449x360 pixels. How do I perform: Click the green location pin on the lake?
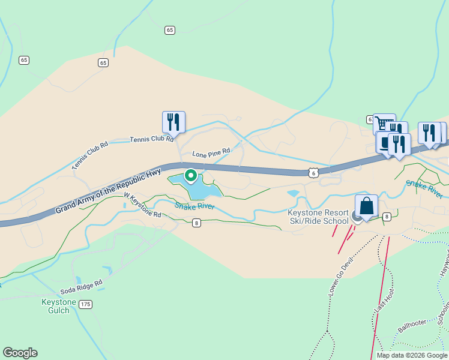[191, 176]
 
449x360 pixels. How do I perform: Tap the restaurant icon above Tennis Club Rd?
[173, 122]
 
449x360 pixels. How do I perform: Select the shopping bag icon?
[367, 207]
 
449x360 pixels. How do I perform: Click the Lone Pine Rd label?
[211, 154]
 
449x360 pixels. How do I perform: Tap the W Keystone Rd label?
[143, 205]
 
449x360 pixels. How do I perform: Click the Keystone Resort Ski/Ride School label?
[318, 217]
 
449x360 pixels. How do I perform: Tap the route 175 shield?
[86, 305]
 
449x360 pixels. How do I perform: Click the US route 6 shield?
[313, 172]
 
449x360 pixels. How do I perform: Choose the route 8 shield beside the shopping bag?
[387, 217]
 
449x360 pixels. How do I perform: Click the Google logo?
[20, 353]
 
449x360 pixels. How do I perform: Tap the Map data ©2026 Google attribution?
[411, 355]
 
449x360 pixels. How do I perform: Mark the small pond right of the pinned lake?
[293, 193]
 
